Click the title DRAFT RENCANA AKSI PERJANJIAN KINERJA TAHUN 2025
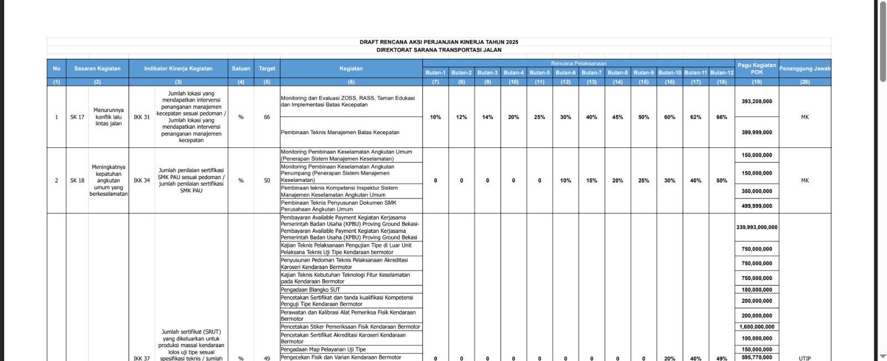coord(439,42)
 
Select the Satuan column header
coord(241,69)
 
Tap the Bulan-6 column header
coord(565,73)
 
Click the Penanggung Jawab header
coord(804,69)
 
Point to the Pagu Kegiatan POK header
coord(757,69)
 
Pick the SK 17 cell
coord(77,117)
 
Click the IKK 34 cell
coord(141,180)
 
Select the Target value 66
coord(267,117)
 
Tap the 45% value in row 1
coord(618,117)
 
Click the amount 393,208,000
coord(757,101)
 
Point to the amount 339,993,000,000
coord(757,227)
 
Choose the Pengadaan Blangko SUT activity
coord(310,289)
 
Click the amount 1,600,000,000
coord(757,327)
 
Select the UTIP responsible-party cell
coord(805,358)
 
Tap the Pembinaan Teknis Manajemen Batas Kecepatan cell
coord(340,133)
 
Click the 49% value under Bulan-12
coord(721,358)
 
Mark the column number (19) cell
coord(757,82)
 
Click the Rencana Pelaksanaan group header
coord(578,63)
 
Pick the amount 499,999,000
coord(757,206)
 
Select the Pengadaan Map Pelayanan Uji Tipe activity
coord(323,349)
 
